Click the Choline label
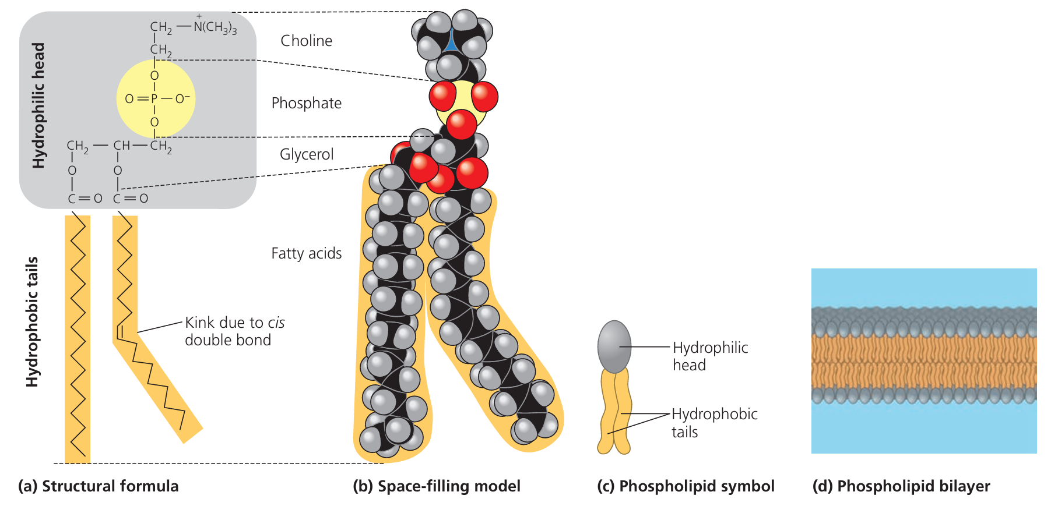coord(306,41)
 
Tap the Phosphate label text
coord(306,103)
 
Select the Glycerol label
coord(307,154)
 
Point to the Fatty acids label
coord(306,253)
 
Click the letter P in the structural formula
coord(154,99)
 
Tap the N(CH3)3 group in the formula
coord(215,27)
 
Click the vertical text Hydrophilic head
coord(38,105)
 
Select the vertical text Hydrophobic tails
coord(32,321)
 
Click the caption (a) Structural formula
coord(99,486)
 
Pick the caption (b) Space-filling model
coord(437,486)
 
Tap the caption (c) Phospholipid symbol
coord(686,486)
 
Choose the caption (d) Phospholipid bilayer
coord(901,486)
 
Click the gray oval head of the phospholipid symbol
coord(614,346)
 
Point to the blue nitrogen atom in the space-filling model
coord(451,44)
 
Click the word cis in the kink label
coord(276,323)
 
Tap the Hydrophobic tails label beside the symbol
coord(714,423)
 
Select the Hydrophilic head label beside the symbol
coord(710,356)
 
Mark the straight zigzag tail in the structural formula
coord(78,338)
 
